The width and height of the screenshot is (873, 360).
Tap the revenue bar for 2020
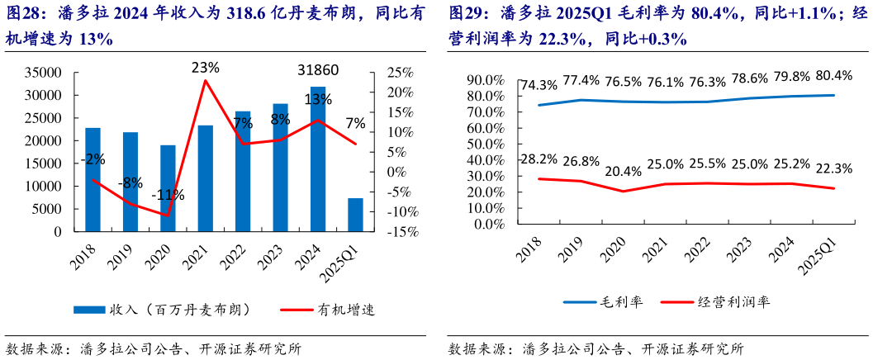[x=168, y=188]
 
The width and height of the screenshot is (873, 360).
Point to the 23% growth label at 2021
[x=205, y=67]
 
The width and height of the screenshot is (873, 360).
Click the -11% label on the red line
[x=168, y=196]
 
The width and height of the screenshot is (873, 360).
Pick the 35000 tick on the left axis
[x=45, y=73]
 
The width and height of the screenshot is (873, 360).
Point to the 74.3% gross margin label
[x=540, y=85]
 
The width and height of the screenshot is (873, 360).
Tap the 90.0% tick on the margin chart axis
[x=486, y=80]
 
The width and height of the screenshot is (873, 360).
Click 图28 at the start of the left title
[x=23, y=13]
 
